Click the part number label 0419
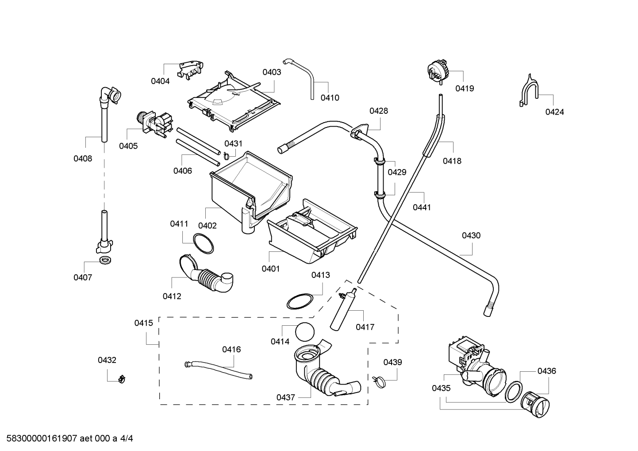pyautogui.click(x=465, y=89)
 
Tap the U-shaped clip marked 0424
pyautogui.click(x=528, y=91)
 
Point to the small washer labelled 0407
pyautogui.click(x=105, y=260)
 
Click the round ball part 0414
pyautogui.click(x=305, y=332)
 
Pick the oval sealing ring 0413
pyautogui.click(x=300, y=301)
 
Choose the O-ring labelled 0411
pyautogui.click(x=203, y=243)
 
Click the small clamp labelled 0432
pyautogui.click(x=122, y=379)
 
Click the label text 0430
pyautogui.click(x=471, y=235)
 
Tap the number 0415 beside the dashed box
pyautogui.click(x=143, y=323)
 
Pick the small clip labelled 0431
pyautogui.click(x=227, y=155)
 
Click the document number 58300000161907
pyautogui.click(x=42, y=439)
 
